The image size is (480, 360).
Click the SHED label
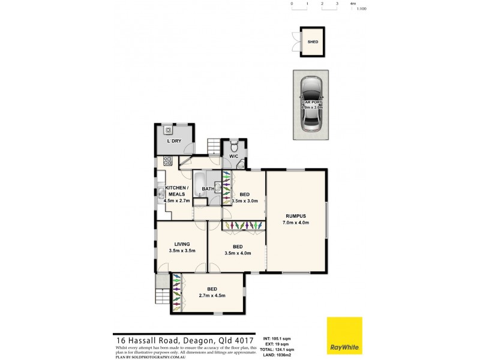click(x=313, y=42)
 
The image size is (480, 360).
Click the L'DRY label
click(x=174, y=140)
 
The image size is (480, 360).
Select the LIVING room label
click(x=182, y=244)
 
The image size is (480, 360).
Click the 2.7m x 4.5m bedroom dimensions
click(x=212, y=296)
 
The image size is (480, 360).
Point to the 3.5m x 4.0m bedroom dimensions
click(x=238, y=254)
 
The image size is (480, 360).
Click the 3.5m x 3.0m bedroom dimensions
click(x=245, y=202)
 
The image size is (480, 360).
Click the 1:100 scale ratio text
click(x=361, y=10)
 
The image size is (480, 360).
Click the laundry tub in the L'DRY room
click(x=168, y=130)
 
